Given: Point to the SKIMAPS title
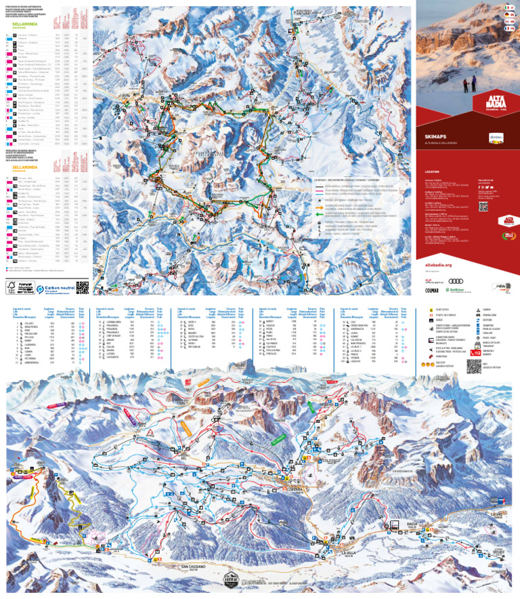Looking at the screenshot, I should click(431, 136).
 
